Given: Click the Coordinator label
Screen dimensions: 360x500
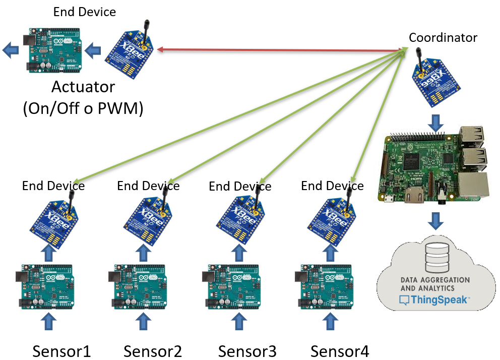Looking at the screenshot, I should click(443, 38).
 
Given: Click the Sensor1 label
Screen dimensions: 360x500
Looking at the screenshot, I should click(62, 350).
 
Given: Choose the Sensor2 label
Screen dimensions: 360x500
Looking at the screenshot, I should click(152, 350).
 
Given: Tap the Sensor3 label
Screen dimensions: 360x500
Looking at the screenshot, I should click(247, 350).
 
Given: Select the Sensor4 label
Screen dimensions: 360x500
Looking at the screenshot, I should click(339, 350).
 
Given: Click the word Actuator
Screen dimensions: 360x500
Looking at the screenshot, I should click(83, 87).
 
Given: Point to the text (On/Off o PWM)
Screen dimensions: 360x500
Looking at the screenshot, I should click(83, 108).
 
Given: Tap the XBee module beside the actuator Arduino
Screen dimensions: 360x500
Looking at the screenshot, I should click(129, 52).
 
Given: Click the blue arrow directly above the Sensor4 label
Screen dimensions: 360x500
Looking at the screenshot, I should click(330, 320).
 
